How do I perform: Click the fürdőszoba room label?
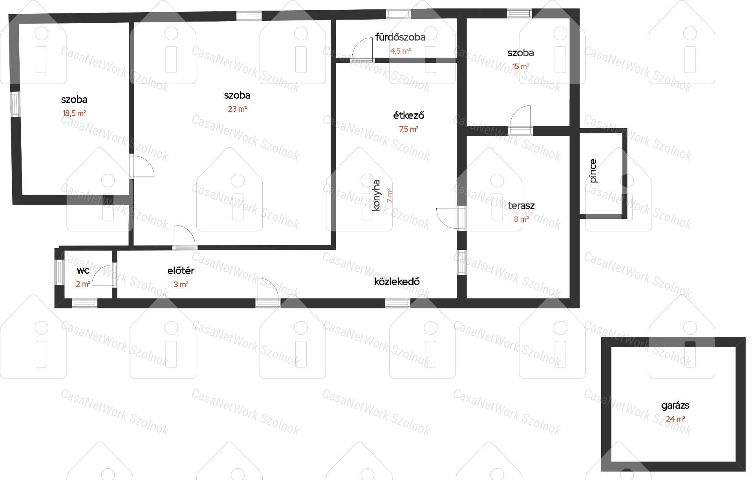click(401, 37)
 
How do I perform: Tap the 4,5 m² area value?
click(401, 51)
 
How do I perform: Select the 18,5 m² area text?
click(74, 113)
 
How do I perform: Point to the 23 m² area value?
click(237, 109)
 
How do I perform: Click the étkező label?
click(409, 116)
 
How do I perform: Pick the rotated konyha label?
click(376, 195)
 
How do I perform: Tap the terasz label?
click(521, 205)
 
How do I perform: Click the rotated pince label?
click(593, 171)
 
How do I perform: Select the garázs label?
click(675, 406)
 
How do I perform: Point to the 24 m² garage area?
click(675, 419)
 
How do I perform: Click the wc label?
click(83, 271)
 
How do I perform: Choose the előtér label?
click(181, 271)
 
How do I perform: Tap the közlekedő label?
click(397, 281)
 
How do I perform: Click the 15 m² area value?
click(521, 66)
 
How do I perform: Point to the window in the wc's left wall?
click(59, 272)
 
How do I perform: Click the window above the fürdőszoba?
click(399, 14)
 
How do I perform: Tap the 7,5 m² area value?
click(409, 129)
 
